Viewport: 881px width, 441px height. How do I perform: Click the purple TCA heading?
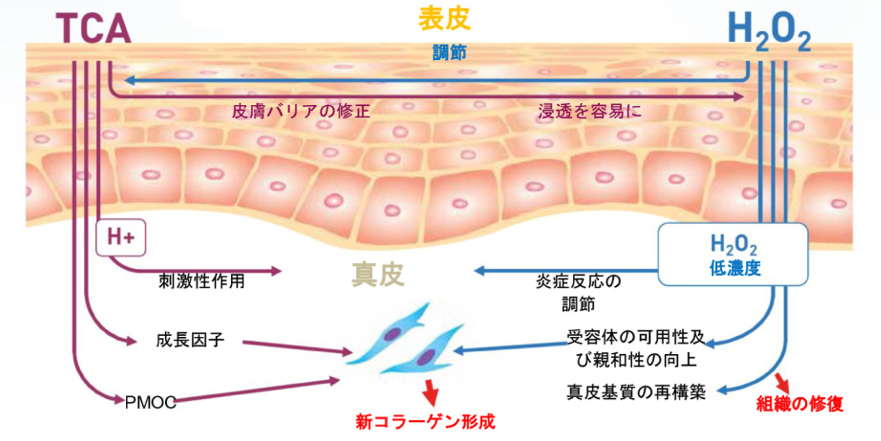tap(94, 28)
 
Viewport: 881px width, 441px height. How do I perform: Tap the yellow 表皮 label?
tap(444, 19)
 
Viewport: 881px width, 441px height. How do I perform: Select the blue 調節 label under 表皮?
tap(449, 52)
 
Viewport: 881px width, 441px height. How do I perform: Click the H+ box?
tap(121, 237)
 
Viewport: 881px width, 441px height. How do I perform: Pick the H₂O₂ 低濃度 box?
tap(733, 254)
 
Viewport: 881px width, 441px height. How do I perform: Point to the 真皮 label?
tap(378, 274)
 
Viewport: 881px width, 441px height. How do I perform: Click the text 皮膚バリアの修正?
tap(301, 111)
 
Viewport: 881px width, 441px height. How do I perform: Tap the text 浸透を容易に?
tap(589, 111)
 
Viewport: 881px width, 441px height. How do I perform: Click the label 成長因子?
tap(190, 340)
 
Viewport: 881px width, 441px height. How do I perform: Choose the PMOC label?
tap(151, 403)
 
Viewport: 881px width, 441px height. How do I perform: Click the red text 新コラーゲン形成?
tap(425, 421)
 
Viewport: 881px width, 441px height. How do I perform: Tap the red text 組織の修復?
tap(799, 404)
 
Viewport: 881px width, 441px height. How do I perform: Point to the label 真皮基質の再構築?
tap(636, 392)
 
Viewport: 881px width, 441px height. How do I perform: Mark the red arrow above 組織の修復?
tap(782, 382)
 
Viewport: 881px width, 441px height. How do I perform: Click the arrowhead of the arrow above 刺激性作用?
tap(276, 271)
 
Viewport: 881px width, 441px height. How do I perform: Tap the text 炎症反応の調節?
tap(578, 292)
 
